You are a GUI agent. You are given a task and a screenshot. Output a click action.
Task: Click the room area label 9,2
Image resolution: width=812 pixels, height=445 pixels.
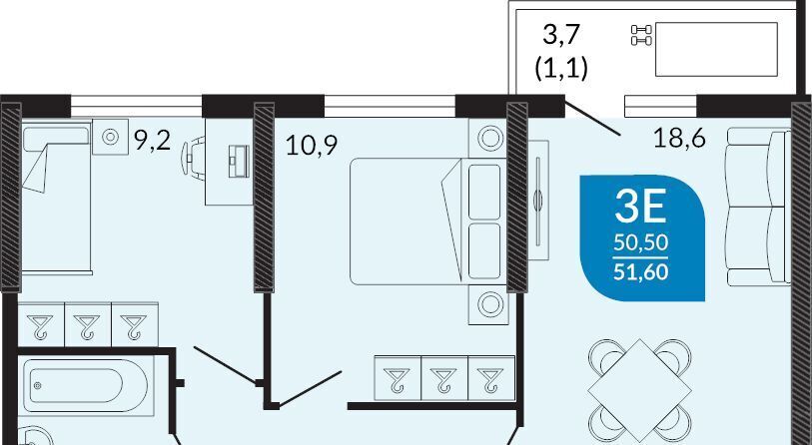tap(152, 141)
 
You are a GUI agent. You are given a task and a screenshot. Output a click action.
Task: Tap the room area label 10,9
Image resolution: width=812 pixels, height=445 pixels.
tap(312, 146)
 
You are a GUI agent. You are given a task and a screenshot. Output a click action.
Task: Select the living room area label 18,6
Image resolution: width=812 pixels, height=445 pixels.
tap(679, 138)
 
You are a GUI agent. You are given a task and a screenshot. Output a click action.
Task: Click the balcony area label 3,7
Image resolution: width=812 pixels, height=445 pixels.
tap(561, 35)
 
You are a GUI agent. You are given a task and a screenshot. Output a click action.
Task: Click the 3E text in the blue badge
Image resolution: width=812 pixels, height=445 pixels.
tap(640, 207)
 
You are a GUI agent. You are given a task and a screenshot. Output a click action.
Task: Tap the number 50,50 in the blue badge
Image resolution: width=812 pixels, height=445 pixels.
tap(640, 242)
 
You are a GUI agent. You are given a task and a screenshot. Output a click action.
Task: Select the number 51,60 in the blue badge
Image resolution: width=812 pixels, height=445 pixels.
tap(640, 271)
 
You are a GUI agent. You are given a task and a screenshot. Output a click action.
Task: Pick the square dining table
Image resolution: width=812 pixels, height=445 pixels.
tap(639, 391)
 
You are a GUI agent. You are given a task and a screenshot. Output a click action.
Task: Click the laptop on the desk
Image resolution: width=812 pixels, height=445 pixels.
tap(240, 162)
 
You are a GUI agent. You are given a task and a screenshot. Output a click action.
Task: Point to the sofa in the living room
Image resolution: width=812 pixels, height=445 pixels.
tap(759, 207)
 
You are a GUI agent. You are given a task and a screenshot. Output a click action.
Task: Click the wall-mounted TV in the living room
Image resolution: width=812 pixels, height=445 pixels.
tap(538, 200)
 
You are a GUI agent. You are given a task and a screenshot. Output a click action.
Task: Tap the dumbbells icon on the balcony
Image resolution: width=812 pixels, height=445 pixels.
tap(641, 35)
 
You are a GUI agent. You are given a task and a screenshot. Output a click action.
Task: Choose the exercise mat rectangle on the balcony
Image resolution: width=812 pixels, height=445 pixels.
tap(717, 49)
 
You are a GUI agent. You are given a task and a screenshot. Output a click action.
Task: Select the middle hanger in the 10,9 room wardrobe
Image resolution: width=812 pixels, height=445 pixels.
tap(444, 378)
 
